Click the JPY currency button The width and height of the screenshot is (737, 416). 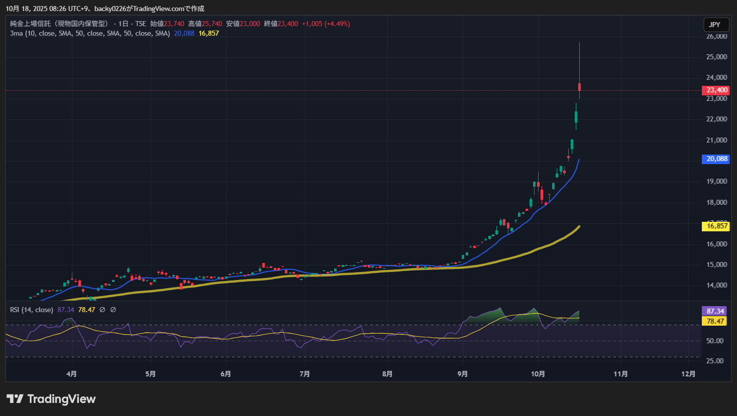pyautogui.click(x=714, y=25)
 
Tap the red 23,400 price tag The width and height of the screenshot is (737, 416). pyautogui.click(x=717, y=90)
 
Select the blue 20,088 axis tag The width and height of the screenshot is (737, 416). pyautogui.click(x=717, y=159)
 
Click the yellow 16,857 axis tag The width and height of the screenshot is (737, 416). pyautogui.click(x=717, y=226)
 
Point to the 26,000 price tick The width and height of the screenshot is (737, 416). pyautogui.click(x=717, y=37)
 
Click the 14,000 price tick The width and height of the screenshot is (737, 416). pyautogui.click(x=717, y=285)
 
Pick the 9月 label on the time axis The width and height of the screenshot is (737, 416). pyautogui.click(x=463, y=374)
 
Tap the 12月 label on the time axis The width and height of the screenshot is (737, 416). pyautogui.click(x=688, y=374)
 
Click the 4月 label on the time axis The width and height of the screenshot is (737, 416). pyautogui.click(x=72, y=374)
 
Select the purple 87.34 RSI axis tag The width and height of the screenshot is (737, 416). pyautogui.click(x=715, y=311)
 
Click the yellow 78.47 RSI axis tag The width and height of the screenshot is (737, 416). pyautogui.click(x=715, y=321)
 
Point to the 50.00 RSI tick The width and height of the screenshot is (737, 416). pyautogui.click(x=715, y=341)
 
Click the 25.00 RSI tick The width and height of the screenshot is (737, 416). pyautogui.click(x=715, y=361)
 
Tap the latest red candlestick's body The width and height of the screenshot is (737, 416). pyautogui.click(x=579, y=87)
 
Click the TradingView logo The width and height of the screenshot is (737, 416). pyautogui.click(x=51, y=399)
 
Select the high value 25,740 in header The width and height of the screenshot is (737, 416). pyautogui.click(x=212, y=24)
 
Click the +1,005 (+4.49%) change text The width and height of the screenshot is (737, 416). pyautogui.click(x=326, y=24)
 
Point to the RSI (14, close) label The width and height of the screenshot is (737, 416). pyautogui.click(x=32, y=310)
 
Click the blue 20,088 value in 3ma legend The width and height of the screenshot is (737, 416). pyautogui.click(x=184, y=33)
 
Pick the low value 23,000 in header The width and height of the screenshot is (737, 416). pyautogui.click(x=250, y=24)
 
